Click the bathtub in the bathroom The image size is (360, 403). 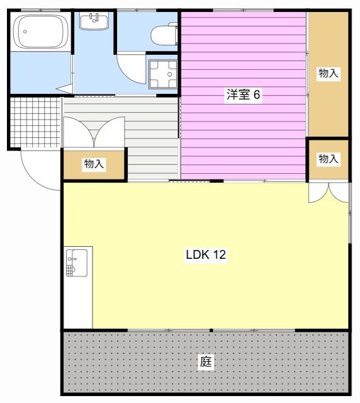pyautogui.click(x=40, y=31)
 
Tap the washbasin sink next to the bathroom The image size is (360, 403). pyautogui.click(x=94, y=21)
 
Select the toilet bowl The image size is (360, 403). pyautogui.click(x=164, y=33)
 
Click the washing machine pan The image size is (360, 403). pyautogui.click(x=163, y=74)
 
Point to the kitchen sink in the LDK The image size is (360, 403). pyautogui.click(x=77, y=263)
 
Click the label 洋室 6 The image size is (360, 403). pyautogui.click(x=243, y=94)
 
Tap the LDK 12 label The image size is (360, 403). pyautogui.click(x=206, y=254)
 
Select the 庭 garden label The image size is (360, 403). pyautogui.click(x=206, y=361)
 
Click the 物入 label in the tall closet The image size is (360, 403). pyautogui.click(x=328, y=73)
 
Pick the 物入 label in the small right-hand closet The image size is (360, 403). pyautogui.click(x=328, y=159)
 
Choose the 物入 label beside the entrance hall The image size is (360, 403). pyautogui.click(x=94, y=164)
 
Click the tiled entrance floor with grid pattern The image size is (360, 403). pyautogui.click(x=35, y=122)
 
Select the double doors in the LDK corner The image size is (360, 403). pyautogui.click(x=329, y=193)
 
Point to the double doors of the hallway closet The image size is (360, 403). pyautogui.click(x=94, y=132)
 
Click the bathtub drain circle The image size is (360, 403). pyautogui.click(x=25, y=31)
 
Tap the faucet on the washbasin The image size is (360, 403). pyautogui.click(x=94, y=18)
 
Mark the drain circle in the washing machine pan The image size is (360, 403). pyautogui.click(x=169, y=74)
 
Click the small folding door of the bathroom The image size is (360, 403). pyautogui.click(x=65, y=89)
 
